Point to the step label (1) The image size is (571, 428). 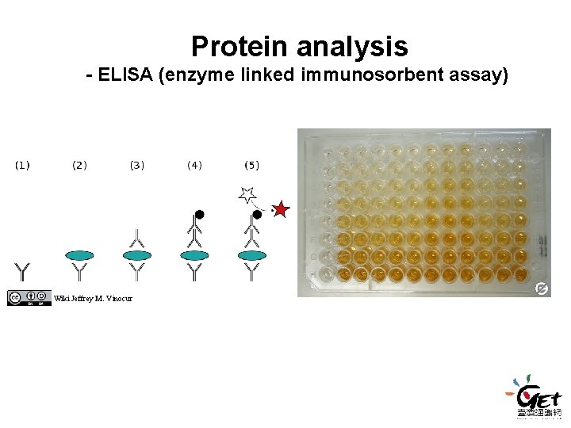pos(22,165)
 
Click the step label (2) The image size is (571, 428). pos(79,165)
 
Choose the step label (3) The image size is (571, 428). pos(137,165)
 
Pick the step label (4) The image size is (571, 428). pos(194,165)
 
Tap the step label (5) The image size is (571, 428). pos(251,165)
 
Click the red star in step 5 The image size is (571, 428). pos(281,210)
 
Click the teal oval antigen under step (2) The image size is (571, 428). pos(79,255)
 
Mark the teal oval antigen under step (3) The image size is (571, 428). pos(137,255)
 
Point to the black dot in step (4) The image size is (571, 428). pos(200,214)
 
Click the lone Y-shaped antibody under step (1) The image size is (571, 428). pos(22,272)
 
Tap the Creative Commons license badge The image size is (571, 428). pos(29,297)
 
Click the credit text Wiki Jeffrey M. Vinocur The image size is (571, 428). pos(93,298)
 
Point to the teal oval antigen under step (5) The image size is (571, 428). pos(252,255)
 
